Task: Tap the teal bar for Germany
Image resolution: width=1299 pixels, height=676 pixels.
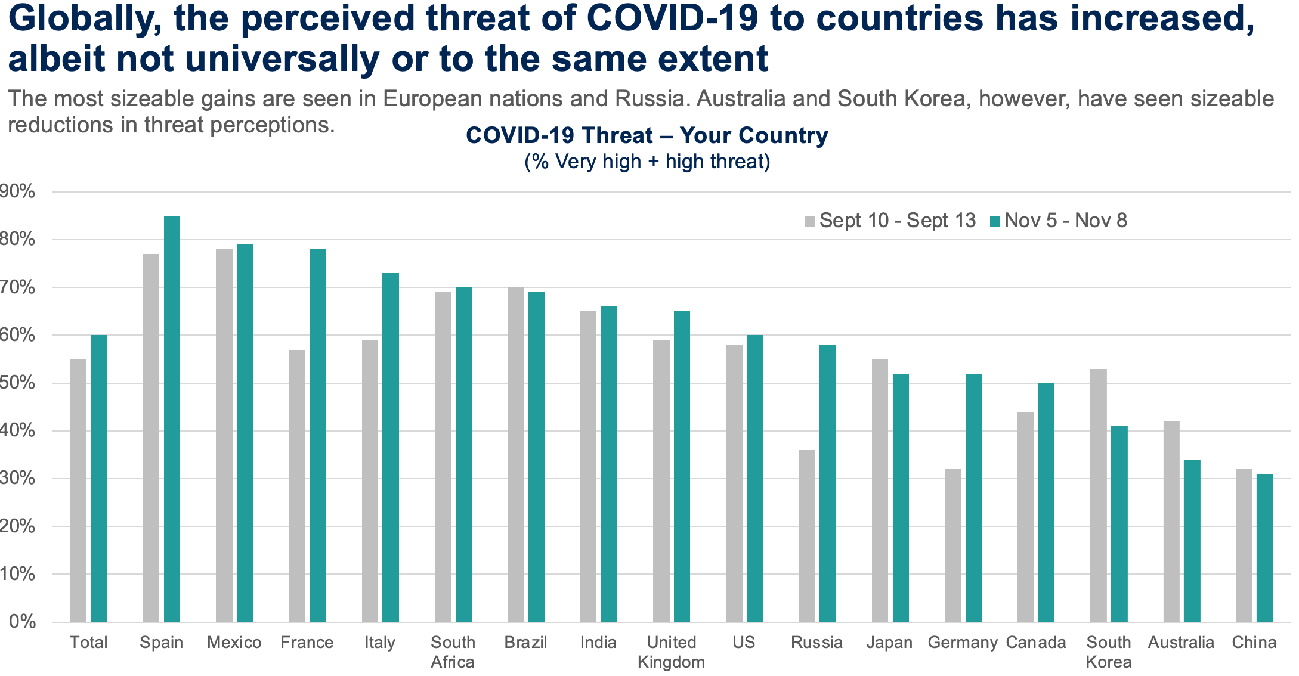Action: click(x=973, y=498)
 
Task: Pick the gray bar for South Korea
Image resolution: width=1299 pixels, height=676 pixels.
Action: click(x=1098, y=495)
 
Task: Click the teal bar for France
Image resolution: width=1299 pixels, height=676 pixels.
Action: click(x=317, y=435)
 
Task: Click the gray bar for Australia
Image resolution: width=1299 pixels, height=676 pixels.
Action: click(x=1171, y=521)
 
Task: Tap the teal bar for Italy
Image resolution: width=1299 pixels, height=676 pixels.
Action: click(x=391, y=447)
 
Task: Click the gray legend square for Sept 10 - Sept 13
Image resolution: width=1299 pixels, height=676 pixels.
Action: click(x=810, y=221)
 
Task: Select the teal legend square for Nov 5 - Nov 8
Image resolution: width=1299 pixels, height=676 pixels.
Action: click(x=995, y=221)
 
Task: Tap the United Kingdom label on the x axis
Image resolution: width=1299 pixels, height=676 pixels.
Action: click(x=671, y=652)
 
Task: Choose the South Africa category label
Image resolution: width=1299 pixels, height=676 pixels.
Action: click(x=453, y=652)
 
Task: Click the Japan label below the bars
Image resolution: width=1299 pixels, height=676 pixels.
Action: click(x=889, y=642)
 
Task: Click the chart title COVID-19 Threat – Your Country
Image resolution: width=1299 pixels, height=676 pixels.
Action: click(x=647, y=135)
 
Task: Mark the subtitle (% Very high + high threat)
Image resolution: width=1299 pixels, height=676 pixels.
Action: click(x=647, y=162)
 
